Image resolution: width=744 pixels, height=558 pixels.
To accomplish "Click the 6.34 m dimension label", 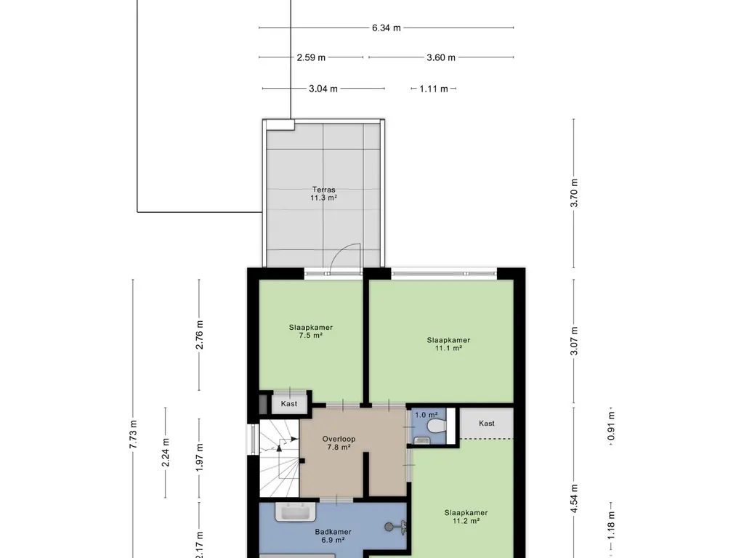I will point(386,28).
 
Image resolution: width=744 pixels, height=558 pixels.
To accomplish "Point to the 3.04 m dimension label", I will point(323,89).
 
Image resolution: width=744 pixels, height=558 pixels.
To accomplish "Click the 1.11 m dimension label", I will point(434,89).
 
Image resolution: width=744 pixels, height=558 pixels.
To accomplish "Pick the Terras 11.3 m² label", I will point(324,193).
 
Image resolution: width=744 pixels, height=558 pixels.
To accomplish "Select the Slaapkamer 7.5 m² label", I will point(310,331).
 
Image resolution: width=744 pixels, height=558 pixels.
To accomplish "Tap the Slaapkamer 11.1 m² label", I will point(448,344).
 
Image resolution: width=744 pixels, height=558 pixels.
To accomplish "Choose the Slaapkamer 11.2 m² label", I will point(466,517).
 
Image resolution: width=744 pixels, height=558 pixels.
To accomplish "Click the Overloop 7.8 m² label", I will point(339,443).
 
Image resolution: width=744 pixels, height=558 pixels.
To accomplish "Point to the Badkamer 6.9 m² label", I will point(333,536).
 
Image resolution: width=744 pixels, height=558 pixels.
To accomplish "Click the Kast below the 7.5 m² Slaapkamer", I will point(289,403).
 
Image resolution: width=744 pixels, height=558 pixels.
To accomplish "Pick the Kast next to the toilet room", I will point(487,424).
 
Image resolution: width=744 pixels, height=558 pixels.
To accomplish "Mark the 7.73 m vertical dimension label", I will point(133,434).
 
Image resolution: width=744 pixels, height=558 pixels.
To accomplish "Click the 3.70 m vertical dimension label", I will point(574,193).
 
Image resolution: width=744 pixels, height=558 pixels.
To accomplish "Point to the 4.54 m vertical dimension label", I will point(574,498).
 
